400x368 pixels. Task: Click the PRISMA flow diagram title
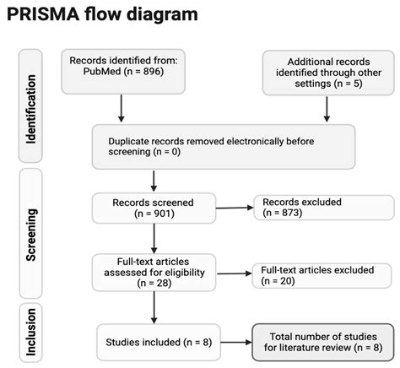(103, 15)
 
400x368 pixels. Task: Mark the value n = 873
(292, 214)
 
